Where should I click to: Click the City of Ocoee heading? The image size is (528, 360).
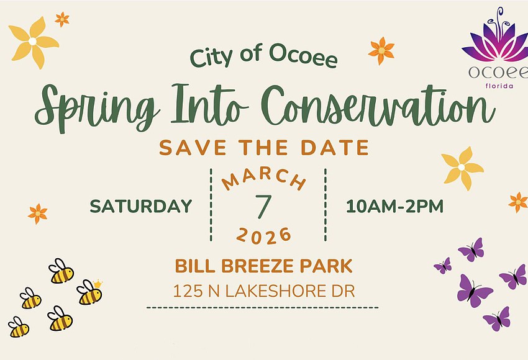(x=264, y=58)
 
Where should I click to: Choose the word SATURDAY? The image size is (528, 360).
(x=141, y=207)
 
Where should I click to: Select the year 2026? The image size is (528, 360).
(x=264, y=235)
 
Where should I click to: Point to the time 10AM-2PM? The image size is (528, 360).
(x=394, y=207)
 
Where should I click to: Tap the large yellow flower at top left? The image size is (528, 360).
(x=34, y=42)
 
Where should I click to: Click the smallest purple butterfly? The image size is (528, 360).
(x=442, y=266)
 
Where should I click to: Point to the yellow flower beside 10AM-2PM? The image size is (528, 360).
(x=462, y=168)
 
